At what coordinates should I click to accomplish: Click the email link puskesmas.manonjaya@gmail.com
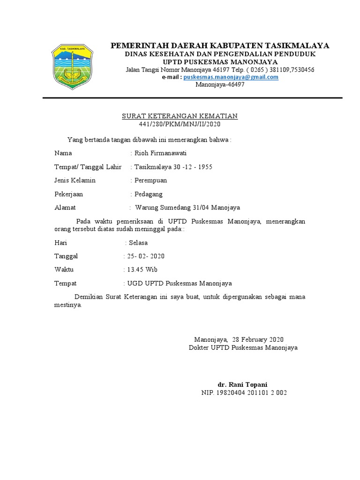[x=231, y=77]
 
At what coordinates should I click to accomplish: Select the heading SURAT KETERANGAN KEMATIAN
[x=180, y=116]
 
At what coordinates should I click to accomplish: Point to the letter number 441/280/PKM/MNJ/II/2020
[x=180, y=124]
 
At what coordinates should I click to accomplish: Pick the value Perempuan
[x=150, y=180]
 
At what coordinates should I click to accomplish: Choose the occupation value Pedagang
[x=149, y=194]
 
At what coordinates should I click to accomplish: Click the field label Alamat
[x=65, y=208]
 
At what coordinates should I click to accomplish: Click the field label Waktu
[x=64, y=270]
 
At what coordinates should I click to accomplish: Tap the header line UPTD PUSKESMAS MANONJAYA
[x=220, y=62]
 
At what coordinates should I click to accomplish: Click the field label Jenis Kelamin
[x=75, y=180]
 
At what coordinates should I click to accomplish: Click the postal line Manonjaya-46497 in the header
[x=219, y=84]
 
